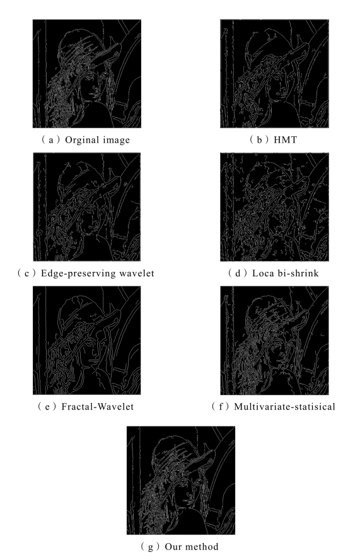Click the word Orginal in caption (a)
click(x=80, y=140)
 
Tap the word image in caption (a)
click(x=114, y=140)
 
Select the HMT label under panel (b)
click(x=285, y=139)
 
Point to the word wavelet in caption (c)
click(x=137, y=273)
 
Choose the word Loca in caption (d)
click(x=263, y=273)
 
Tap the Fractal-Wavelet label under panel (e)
click(x=97, y=406)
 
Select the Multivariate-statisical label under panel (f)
click(x=284, y=406)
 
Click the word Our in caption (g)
click(x=172, y=546)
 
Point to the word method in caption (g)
click(x=201, y=546)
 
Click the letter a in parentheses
click(x=51, y=140)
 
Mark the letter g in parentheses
click(x=151, y=547)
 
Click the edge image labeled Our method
click(x=181, y=480)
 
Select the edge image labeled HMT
click(x=274, y=74)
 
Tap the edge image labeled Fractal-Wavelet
click(x=86, y=340)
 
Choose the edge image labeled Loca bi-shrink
click(x=274, y=207)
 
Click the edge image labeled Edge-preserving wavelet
click(x=86, y=207)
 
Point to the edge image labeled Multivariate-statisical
click(x=274, y=340)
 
